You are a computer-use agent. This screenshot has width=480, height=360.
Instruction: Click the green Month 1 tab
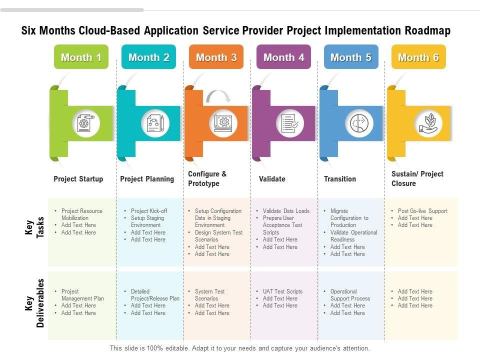81,57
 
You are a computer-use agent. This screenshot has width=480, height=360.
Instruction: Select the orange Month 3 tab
216,57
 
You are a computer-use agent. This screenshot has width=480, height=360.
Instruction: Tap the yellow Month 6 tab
418,57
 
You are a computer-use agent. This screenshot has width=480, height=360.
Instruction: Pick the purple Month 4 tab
283,57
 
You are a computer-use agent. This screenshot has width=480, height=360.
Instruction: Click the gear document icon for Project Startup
86,122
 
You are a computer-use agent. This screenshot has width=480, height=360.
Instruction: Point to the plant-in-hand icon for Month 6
428,123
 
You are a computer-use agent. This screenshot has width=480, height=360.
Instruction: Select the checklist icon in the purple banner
290,122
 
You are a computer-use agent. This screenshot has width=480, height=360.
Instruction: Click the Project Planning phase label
147,179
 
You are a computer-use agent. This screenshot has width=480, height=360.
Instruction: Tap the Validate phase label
272,179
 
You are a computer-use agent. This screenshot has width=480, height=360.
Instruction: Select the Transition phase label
340,179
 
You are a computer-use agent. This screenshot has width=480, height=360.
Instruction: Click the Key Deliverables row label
34,303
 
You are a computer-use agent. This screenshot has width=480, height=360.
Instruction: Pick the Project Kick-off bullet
149,211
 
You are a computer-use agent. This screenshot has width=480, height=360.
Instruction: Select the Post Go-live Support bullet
422,211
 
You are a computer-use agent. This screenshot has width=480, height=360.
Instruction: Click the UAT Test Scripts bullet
282,291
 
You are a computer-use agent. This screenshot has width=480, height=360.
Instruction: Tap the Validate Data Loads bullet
286,211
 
